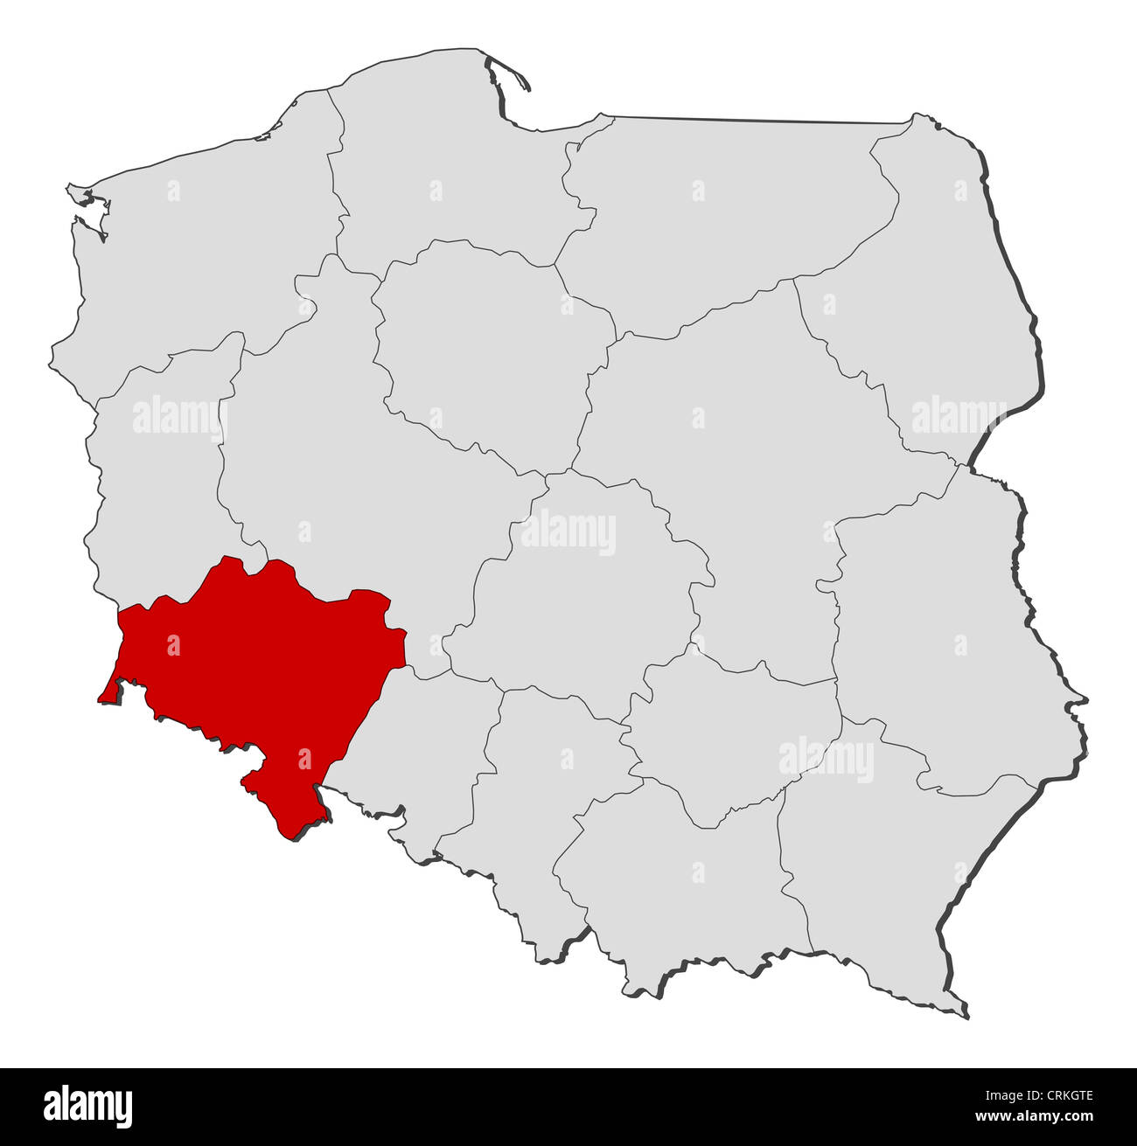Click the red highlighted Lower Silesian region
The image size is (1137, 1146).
[254, 664]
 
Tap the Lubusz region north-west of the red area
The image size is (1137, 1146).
[157, 490]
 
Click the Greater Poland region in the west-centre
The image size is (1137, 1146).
[350, 455]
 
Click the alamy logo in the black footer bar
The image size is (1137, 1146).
[88, 1105]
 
